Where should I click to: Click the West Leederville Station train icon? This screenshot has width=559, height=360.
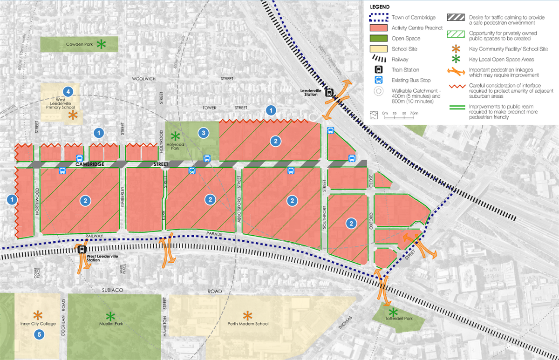pos(82,249)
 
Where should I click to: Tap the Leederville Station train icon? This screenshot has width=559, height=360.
pos(329,92)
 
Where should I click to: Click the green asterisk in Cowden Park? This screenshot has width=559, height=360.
pos(100,45)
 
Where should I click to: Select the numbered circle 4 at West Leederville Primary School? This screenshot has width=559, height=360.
pos(68,91)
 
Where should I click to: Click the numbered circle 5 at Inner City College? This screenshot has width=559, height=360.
pos(39,334)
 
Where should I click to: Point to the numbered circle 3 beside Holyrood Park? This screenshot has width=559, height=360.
pos(203,133)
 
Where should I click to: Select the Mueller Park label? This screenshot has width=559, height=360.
pos(110,324)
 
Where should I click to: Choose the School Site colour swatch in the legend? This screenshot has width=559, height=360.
pos(379,49)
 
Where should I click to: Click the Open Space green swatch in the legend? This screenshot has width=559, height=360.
pos(379,39)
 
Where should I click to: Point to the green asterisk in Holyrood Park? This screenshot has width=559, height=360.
pos(175,136)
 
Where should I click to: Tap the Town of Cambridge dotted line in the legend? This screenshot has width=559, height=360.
pos(379,18)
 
